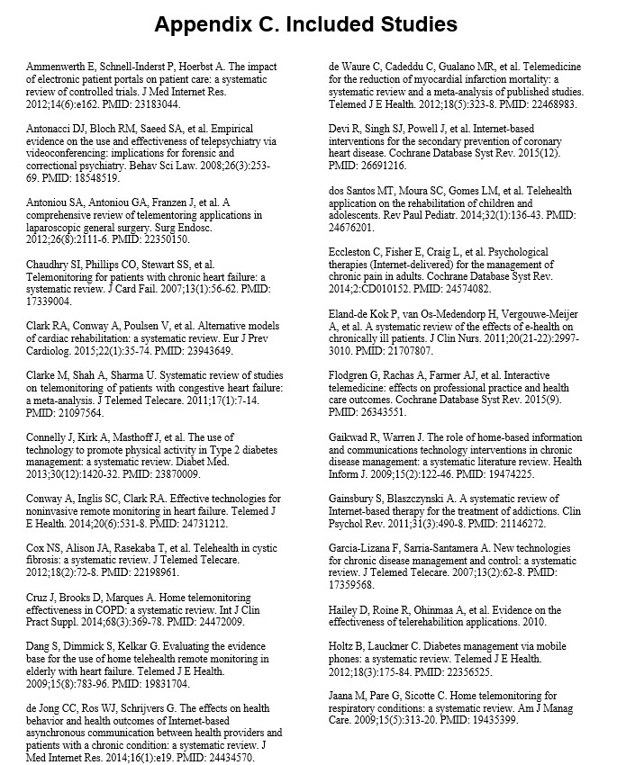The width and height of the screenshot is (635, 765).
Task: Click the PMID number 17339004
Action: coord(52,303)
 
